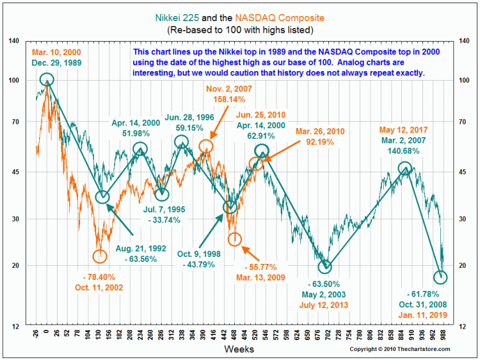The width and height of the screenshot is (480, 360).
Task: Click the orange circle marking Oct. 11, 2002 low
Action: coord(100,256)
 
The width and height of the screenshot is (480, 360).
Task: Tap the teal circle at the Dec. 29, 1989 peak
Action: coord(47,79)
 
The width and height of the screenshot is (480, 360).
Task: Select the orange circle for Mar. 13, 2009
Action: coord(235,239)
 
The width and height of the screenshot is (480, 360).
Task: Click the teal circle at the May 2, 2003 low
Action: coord(326,267)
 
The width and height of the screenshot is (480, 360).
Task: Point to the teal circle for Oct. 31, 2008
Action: coord(440,277)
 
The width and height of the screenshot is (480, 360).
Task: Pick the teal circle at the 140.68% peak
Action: coord(404,168)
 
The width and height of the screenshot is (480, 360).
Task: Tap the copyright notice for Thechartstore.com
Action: coord(399,349)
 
